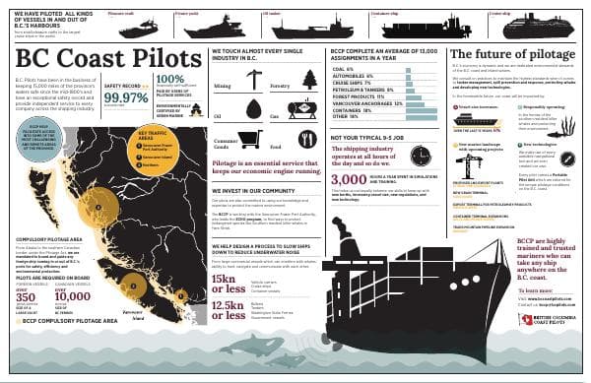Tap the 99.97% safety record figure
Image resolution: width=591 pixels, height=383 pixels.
[x=125, y=97]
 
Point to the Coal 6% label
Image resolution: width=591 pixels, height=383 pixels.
[x=346, y=69]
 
